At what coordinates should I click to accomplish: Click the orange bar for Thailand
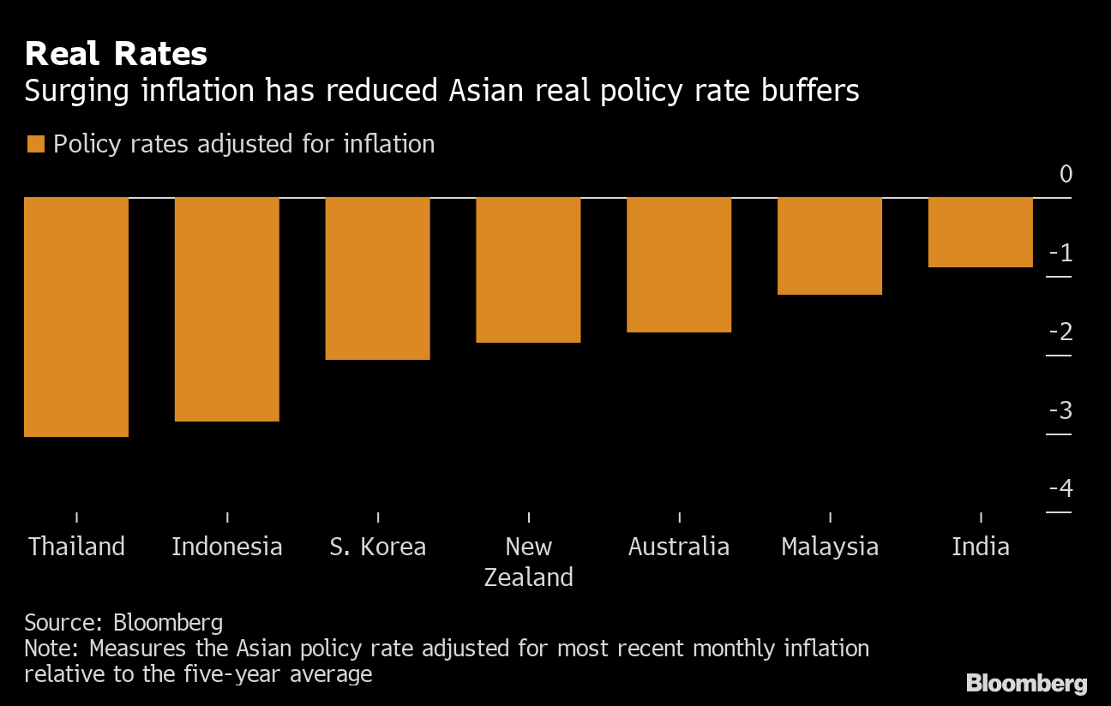(76, 317)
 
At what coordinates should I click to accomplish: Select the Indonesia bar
(227, 309)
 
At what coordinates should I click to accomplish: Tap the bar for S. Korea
(378, 278)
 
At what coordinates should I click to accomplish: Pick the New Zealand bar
(528, 270)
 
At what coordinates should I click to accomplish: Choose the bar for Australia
(679, 265)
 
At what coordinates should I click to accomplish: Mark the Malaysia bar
(830, 246)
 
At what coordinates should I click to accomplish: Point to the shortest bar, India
(981, 232)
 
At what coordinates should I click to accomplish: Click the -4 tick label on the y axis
(1060, 488)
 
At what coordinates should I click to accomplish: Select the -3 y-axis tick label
(1060, 410)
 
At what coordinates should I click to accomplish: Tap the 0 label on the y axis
(1066, 174)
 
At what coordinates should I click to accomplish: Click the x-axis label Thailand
(76, 547)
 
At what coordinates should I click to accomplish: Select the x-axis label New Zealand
(528, 562)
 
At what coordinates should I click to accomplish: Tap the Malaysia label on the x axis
(830, 547)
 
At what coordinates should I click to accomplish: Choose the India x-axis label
(981, 547)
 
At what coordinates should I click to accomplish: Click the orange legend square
(35, 144)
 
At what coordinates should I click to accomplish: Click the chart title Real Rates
(116, 55)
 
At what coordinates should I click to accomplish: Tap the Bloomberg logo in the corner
(1026, 683)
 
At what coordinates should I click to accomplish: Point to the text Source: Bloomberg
(123, 622)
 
